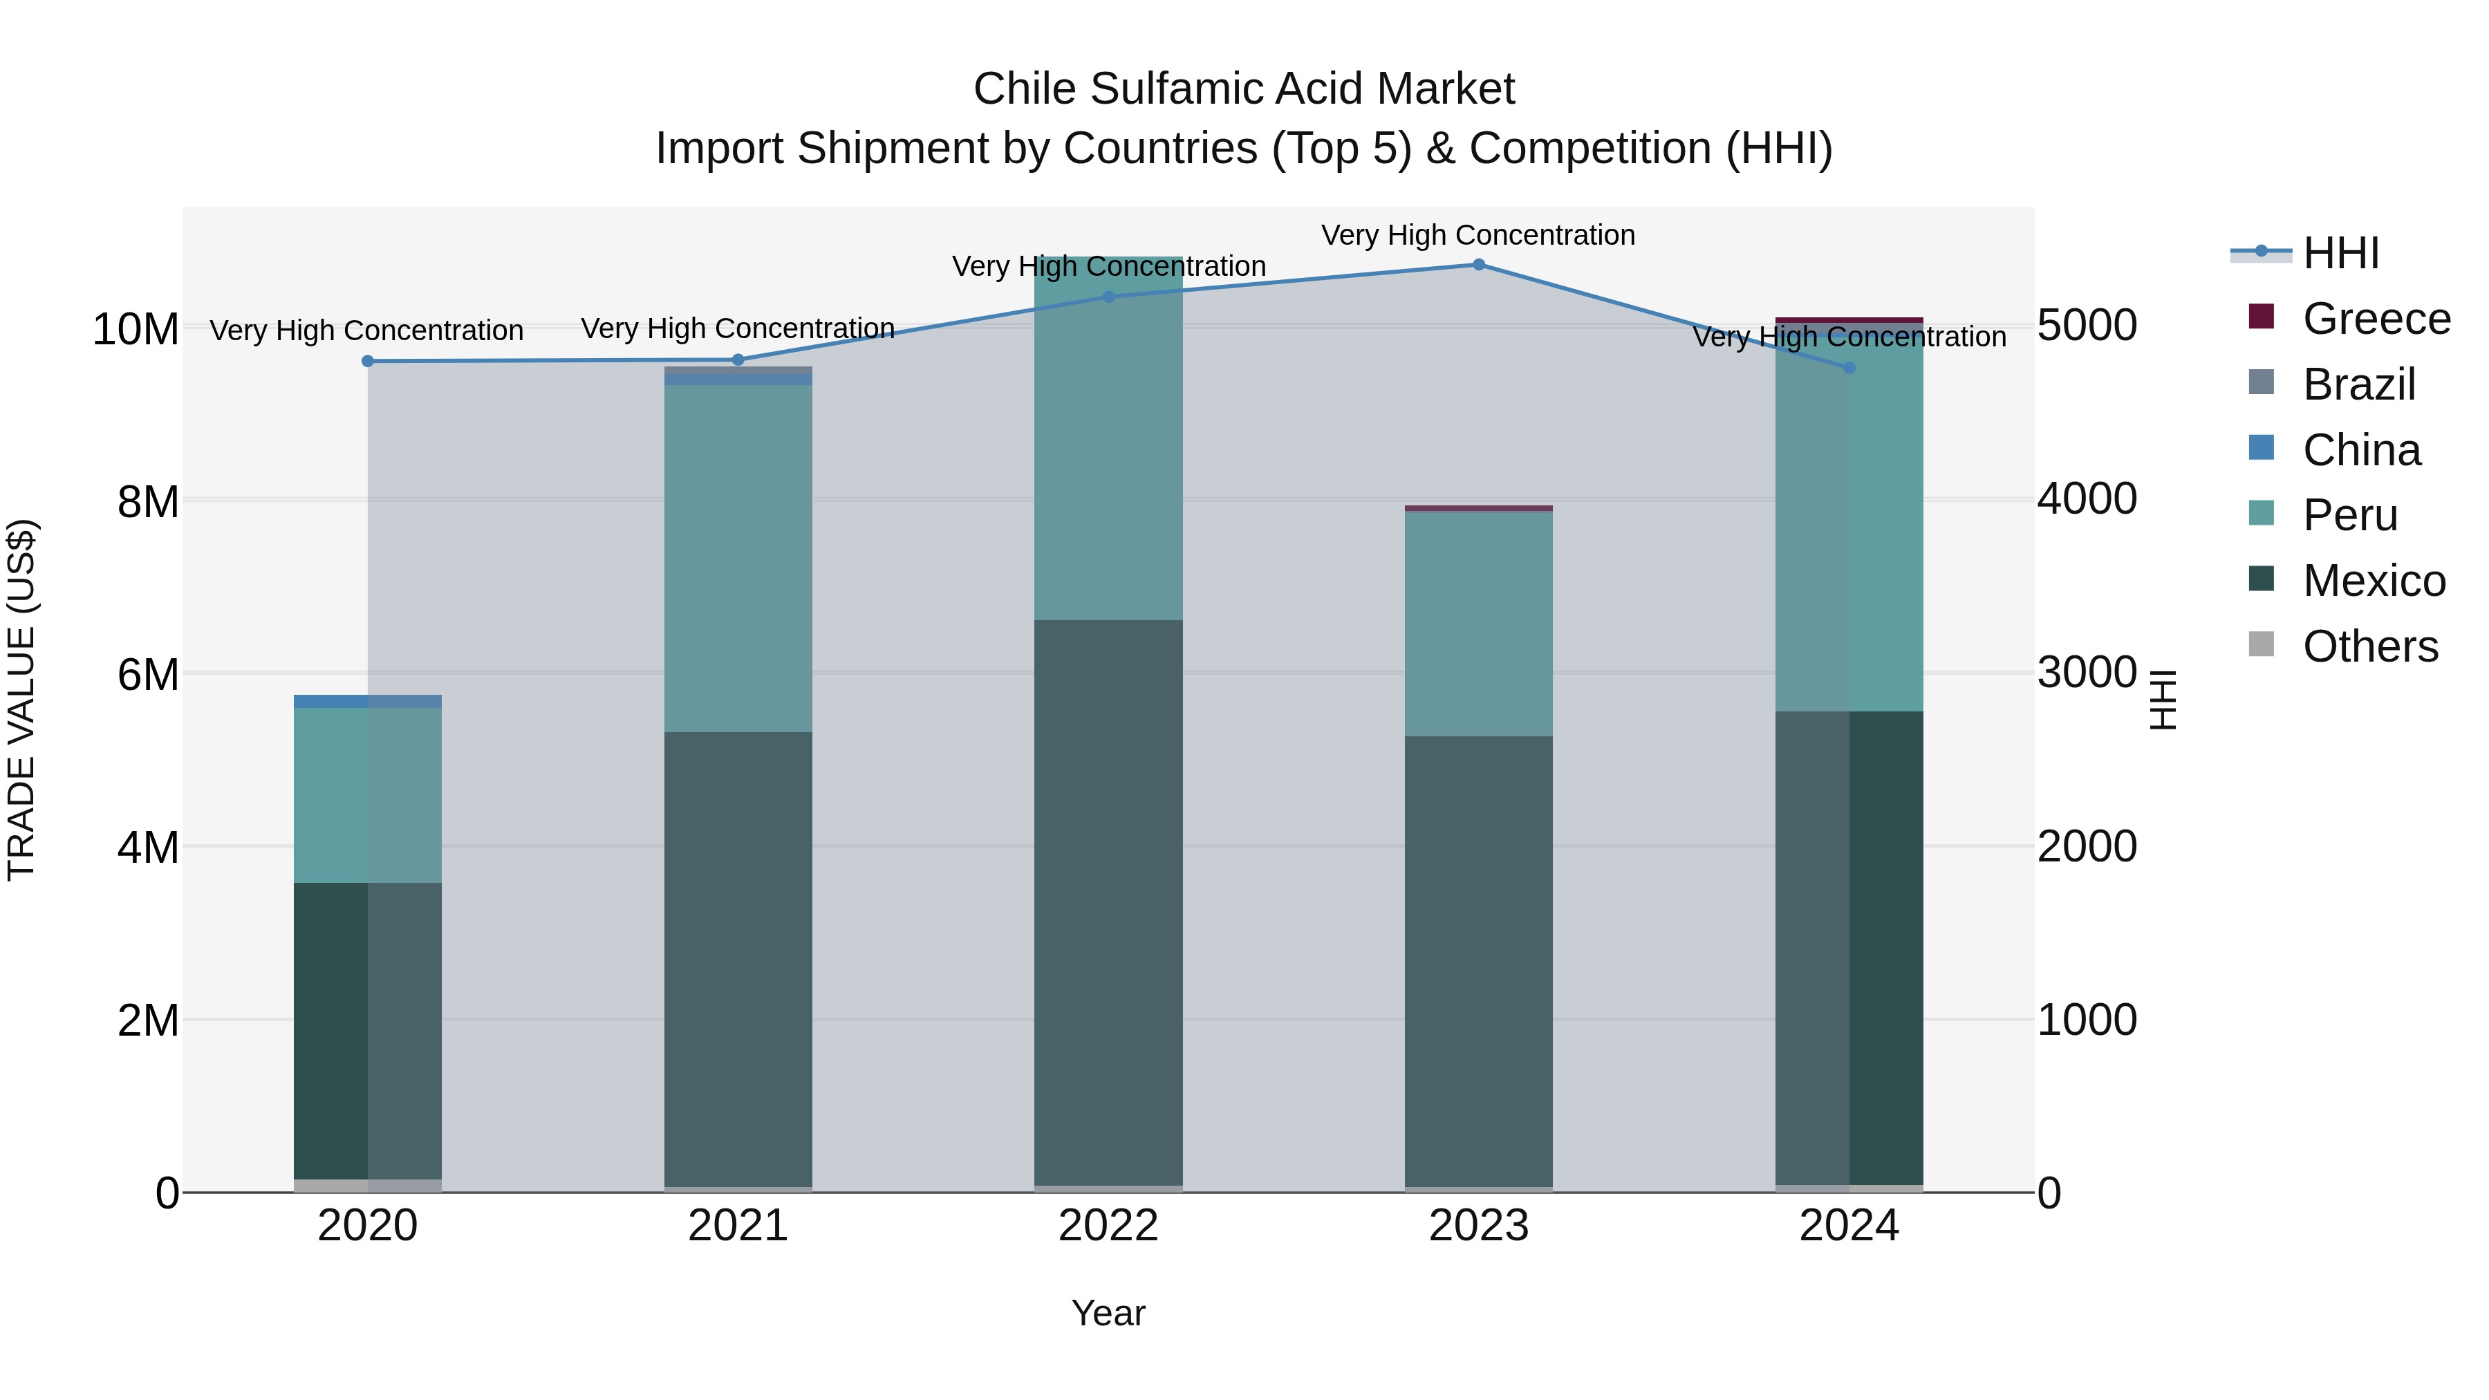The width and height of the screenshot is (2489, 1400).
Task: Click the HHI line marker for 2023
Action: point(1478,265)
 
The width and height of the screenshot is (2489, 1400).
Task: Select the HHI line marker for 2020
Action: point(367,362)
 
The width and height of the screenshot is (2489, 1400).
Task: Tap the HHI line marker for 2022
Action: point(1108,297)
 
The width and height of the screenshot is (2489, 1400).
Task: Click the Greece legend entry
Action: point(2376,319)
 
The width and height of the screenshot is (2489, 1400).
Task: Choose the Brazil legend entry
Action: point(2358,384)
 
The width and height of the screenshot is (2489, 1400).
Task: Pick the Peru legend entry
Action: point(2350,515)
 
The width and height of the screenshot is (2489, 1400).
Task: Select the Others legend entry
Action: point(2370,646)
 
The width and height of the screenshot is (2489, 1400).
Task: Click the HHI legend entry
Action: point(2340,253)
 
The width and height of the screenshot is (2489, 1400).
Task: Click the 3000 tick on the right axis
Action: point(2087,673)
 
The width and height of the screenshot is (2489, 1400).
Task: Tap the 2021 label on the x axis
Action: point(738,1226)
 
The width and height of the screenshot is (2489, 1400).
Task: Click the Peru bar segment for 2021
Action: point(738,559)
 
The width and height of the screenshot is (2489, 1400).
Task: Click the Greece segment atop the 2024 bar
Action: point(1849,320)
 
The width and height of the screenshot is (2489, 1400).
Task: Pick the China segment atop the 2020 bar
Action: point(367,700)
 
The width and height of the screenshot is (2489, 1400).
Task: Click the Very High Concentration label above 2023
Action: point(1478,235)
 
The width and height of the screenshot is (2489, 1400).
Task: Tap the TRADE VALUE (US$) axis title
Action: point(21,700)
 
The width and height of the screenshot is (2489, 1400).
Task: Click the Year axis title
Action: point(1108,1313)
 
